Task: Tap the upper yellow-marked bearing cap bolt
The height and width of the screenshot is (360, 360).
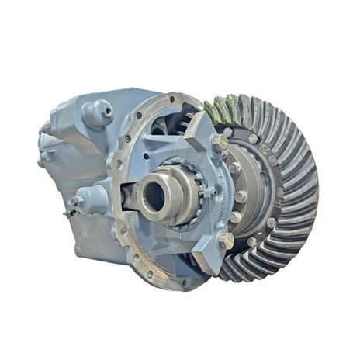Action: tap(220, 142)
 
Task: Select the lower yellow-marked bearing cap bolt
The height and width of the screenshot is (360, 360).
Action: tap(225, 242)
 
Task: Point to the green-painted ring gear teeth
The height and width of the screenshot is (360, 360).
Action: tap(224, 109)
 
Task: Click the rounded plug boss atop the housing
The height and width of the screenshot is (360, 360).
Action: tap(98, 112)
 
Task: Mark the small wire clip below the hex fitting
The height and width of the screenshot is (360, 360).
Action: tap(69, 214)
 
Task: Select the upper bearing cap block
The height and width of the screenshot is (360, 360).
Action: tap(203, 136)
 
